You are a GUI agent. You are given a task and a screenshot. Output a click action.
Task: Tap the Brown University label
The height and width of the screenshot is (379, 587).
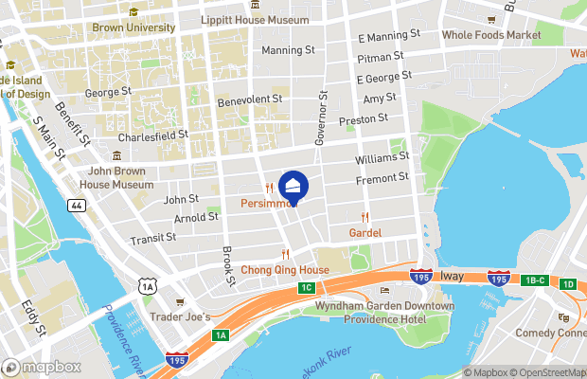pos(133,27)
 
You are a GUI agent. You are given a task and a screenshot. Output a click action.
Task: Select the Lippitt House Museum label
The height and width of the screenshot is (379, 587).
pos(255,19)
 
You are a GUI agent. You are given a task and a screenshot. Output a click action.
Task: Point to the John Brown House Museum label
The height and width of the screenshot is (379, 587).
pos(120,177)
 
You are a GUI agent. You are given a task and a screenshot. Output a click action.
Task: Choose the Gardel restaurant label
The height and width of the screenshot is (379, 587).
pos(365,231)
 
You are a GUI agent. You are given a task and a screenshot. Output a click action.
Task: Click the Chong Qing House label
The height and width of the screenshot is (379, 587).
pos(284,270)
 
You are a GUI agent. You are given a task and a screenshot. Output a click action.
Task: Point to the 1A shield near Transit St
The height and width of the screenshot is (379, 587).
pos(145,285)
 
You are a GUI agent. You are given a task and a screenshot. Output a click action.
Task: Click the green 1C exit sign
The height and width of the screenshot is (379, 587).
pos(306,287)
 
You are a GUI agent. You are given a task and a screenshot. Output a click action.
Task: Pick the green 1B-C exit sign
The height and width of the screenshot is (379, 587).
pos(536,281)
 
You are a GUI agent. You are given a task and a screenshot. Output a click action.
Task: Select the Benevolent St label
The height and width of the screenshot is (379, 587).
pos(250,99)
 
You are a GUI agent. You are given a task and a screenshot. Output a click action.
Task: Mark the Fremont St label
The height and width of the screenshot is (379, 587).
pos(382,177)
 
